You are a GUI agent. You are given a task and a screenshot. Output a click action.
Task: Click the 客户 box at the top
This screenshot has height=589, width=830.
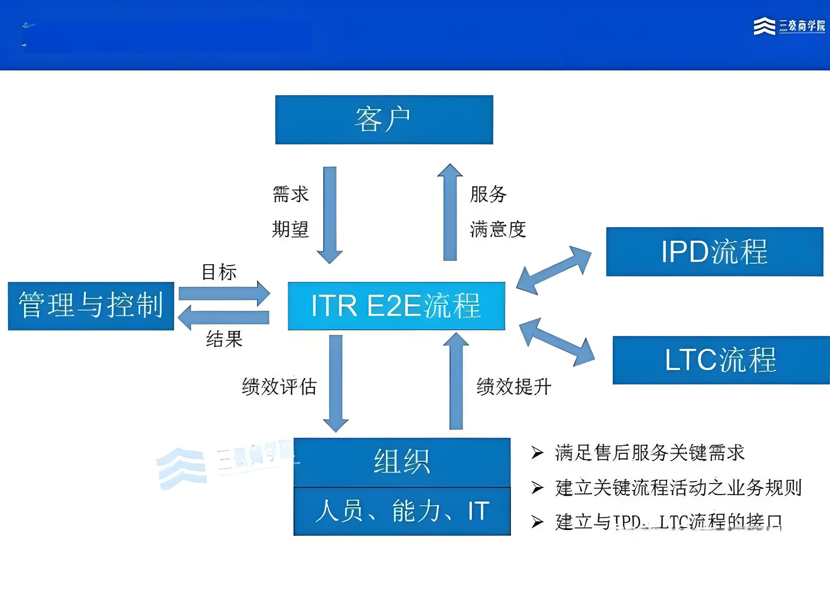click(x=384, y=120)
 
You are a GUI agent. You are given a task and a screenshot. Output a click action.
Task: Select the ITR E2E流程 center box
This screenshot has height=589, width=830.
click(x=396, y=306)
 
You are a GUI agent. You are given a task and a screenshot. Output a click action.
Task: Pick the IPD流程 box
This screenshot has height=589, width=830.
click(x=714, y=251)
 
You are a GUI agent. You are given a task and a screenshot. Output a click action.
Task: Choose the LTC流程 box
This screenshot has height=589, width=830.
click(x=721, y=360)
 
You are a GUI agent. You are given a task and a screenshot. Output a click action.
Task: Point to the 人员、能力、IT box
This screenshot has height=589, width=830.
click(x=402, y=511)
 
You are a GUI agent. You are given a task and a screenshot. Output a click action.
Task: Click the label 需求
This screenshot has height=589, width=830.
click(x=290, y=194)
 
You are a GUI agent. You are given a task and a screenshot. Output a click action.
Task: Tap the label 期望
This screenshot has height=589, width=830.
click(x=290, y=229)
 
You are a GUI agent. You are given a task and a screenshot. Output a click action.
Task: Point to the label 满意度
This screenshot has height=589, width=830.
click(x=498, y=229)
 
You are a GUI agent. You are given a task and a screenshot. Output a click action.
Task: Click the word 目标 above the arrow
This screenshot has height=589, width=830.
click(x=219, y=272)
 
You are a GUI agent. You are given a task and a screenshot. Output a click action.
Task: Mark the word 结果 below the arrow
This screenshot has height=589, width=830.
click(x=224, y=339)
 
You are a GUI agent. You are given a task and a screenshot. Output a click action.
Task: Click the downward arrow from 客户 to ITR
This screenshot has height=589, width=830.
click(x=330, y=214)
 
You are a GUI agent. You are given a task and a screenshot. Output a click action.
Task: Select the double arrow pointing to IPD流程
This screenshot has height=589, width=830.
click(x=554, y=270)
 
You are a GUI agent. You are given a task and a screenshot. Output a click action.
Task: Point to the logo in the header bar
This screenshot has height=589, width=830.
click(x=789, y=26)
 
